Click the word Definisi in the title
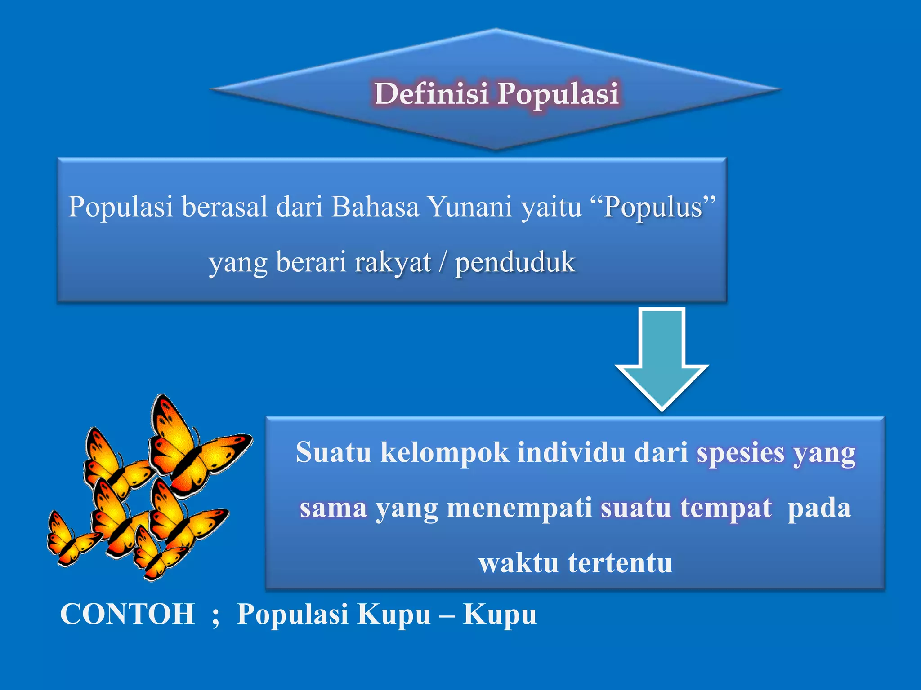(431, 93)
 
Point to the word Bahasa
(375, 207)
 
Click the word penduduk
(515, 262)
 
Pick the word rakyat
(393, 262)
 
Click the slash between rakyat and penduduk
(443, 262)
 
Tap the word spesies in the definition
(740, 453)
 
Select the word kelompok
(445, 453)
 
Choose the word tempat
(725, 508)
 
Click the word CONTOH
(127, 614)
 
